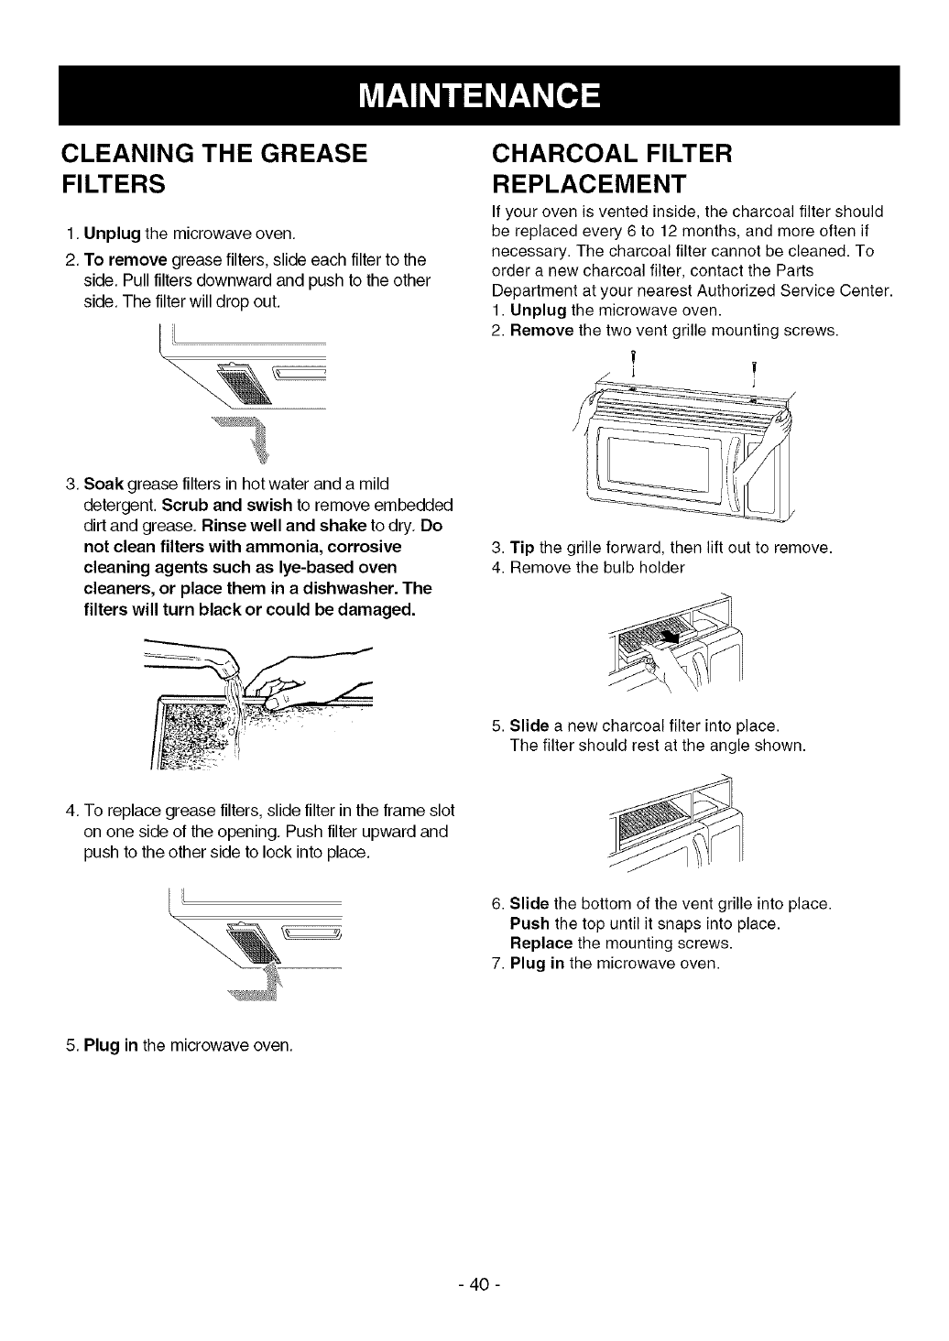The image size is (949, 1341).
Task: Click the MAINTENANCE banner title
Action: [x=478, y=95]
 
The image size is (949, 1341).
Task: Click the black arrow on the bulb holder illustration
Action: [x=676, y=634]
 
